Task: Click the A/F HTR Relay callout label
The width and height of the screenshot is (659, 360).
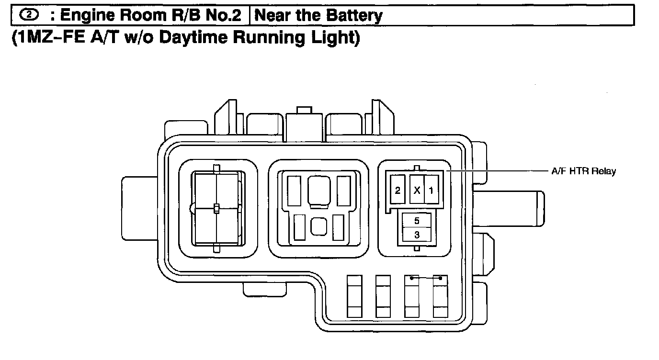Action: pos(583,171)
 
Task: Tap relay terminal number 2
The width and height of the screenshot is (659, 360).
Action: pos(398,190)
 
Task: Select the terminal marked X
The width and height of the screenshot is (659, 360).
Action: pos(417,190)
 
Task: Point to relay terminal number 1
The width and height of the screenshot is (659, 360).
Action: pos(431,190)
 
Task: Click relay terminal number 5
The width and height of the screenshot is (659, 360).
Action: pos(417,221)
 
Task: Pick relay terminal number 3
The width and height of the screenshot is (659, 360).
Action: pos(417,235)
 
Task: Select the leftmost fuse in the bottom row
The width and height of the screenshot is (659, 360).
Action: pos(354,296)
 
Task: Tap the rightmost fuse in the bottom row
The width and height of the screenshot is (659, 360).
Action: pos(440,296)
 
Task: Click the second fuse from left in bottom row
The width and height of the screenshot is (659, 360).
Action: pos(383,296)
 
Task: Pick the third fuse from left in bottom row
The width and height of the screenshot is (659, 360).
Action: pos(412,296)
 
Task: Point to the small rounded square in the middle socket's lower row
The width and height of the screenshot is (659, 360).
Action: pos(318,226)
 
